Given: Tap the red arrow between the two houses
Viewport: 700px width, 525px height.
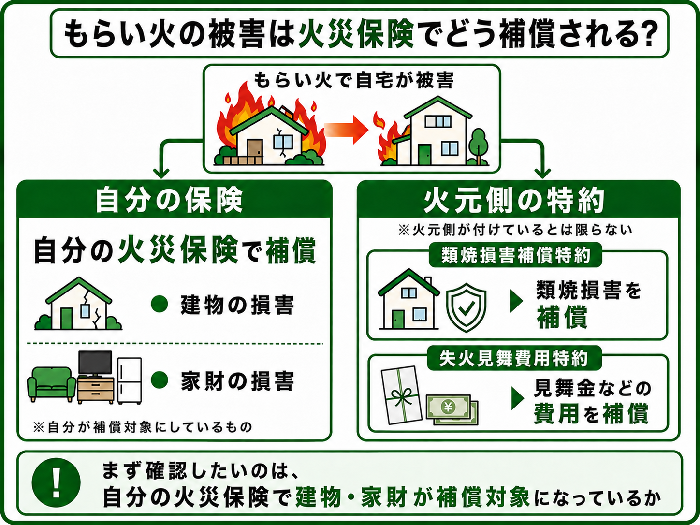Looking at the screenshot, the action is click(346, 130).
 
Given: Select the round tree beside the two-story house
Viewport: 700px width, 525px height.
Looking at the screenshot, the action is click(478, 146).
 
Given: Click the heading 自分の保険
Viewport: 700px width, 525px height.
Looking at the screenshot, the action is click(169, 200).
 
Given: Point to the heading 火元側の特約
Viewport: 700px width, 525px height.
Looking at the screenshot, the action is click(514, 200).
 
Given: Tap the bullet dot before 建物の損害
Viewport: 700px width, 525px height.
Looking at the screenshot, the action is click(160, 304).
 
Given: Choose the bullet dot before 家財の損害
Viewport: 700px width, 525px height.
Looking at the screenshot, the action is click(160, 379).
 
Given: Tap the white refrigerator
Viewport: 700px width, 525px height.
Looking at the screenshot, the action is click(130, 381).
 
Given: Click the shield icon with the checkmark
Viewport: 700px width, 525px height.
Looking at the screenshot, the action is click(466, 307).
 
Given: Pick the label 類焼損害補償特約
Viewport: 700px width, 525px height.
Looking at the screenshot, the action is click(515, 255).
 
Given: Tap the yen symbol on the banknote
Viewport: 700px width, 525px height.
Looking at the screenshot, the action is click(448, 407).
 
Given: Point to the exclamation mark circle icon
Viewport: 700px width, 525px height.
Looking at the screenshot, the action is click(56, 482).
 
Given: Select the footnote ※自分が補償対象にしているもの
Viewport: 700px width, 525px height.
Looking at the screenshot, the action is click(143, 427).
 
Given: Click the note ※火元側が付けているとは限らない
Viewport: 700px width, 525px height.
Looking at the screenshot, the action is click(515, 230).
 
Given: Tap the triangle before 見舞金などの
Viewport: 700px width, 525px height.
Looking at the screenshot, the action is click(518, 398).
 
